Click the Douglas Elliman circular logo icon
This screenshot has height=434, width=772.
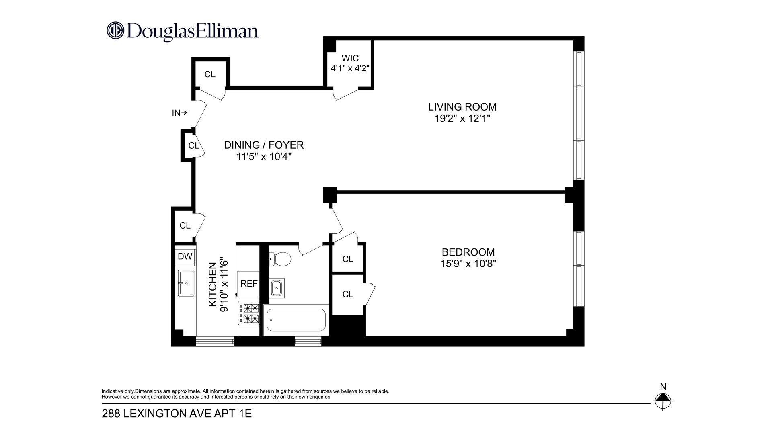[115, 31]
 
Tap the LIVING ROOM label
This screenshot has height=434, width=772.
[462, 107]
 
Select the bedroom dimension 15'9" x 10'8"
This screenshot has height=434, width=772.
[468, 264]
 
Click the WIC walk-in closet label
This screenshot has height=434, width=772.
[350, 58]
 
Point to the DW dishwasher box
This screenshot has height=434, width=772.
[185, 256]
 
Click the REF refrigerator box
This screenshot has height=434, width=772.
[249, 284]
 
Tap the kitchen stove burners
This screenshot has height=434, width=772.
[249, 313]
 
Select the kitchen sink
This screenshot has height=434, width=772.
[186, 283]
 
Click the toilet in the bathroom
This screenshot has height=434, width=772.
[280, 258]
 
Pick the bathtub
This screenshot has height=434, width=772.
[296, 320]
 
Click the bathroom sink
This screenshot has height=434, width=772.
[277, 288]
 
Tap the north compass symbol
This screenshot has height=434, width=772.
[663, 400]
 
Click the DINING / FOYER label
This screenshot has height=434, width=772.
[264, 145]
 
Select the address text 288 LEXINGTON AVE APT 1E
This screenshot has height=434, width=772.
[177, 414]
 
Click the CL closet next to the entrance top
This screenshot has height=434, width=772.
[210, 74]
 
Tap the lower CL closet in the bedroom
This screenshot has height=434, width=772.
[348, 294]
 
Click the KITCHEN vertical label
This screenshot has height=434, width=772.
[213, 285]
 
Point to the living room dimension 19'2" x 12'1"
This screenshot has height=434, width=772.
[462, 119]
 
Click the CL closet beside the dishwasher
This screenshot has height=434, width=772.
[185, 226]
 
